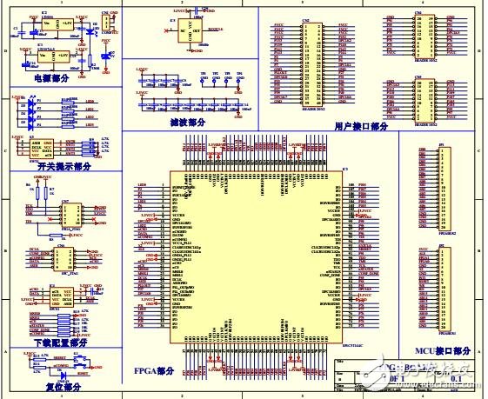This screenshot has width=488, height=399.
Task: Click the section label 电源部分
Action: (51, 77)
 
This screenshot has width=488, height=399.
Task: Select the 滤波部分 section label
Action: (190, 123)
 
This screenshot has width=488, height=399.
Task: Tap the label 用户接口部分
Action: (361, 125)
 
